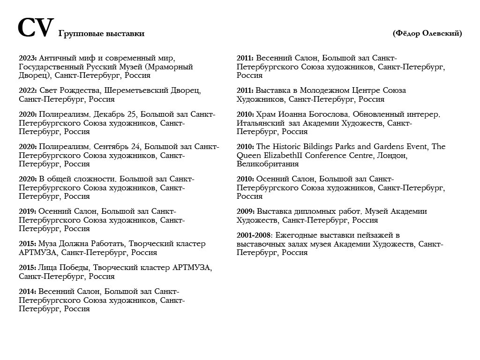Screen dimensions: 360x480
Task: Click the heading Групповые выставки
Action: coord(101,33)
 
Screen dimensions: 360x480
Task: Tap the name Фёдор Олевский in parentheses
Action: coord(427,33)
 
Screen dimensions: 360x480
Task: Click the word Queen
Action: coord(248,155)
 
